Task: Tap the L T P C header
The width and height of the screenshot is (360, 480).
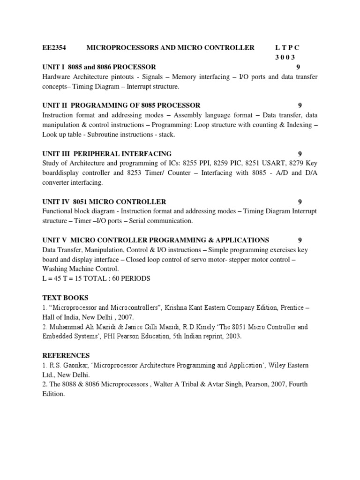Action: [287, 47]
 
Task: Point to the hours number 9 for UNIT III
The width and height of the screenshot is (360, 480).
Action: [300, 153]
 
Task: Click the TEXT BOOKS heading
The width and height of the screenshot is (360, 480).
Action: [65, 298]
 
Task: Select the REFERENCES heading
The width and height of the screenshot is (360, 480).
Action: [66, 355]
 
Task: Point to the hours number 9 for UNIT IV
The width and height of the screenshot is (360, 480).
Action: [300, 202]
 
